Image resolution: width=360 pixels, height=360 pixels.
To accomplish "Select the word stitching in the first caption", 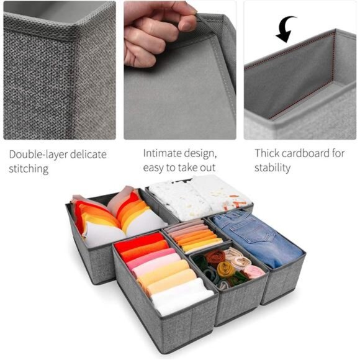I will pos(29,169).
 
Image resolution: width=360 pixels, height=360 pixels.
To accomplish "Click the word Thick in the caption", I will pos(268,153).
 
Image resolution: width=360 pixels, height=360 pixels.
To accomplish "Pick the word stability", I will pos(272,168).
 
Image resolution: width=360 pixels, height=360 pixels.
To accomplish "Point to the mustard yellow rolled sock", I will pos(225,269).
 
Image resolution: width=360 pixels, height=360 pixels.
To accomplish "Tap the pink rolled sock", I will pos(254,271).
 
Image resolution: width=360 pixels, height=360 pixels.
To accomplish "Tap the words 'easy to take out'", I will pos(180,168).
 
